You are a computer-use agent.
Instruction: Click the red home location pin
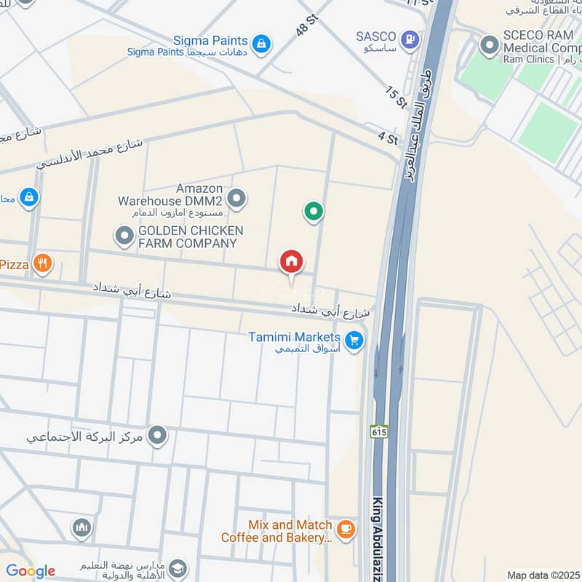coord(291,262)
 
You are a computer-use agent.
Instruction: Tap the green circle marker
coord(313,212)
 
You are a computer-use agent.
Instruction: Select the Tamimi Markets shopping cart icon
coord(354,340)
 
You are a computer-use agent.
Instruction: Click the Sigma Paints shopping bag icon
coord(262,44)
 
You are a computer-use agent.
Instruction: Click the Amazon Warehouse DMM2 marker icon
coord(236,197)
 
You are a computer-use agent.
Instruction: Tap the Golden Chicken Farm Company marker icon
coord(124,235)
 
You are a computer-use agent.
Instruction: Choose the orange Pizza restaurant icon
coord(43,263)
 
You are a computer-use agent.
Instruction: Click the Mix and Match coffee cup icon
coord(346,529)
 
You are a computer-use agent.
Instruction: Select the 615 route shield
coord(379,431)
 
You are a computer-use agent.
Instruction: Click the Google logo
coord(30,571)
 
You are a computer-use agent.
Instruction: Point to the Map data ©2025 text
coord(543,575)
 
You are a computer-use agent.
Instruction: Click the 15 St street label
coord(396,97)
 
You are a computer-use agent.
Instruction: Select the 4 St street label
coord(388,138)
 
